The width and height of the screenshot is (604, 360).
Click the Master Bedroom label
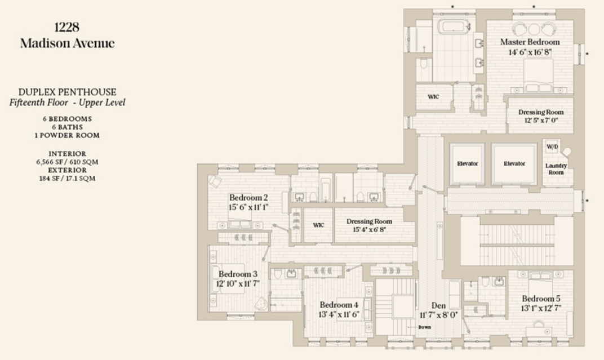point(530,42)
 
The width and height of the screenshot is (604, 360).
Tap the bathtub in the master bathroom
point(454,26)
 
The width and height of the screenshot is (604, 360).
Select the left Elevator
point(467,163)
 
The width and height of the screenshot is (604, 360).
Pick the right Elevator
point(514,163)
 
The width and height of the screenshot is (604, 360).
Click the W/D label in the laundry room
point(552,146)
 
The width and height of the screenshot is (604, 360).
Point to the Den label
point(438,306)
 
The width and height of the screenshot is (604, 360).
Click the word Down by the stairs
point(424,327)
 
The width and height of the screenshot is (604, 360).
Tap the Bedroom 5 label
point(541,299)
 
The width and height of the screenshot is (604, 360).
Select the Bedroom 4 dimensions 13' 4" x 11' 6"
point(339,314)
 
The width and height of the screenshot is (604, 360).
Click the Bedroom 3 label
point(238,274)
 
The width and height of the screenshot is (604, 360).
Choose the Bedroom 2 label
point(248,198)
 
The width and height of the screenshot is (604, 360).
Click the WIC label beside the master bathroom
point(433,97)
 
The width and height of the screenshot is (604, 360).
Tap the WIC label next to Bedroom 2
point(318,225)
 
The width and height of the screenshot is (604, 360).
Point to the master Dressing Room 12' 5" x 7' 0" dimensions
point(541,121)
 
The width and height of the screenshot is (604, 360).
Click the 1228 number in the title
point(67,27)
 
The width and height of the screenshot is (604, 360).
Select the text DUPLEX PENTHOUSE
point(68,92)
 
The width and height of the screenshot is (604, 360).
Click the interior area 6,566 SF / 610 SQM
point(68,162)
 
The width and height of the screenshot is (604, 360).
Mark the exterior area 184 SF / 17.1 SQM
point(68,178)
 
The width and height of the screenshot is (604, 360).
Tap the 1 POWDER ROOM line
point(68,136)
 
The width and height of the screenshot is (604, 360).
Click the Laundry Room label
point(556,169)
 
